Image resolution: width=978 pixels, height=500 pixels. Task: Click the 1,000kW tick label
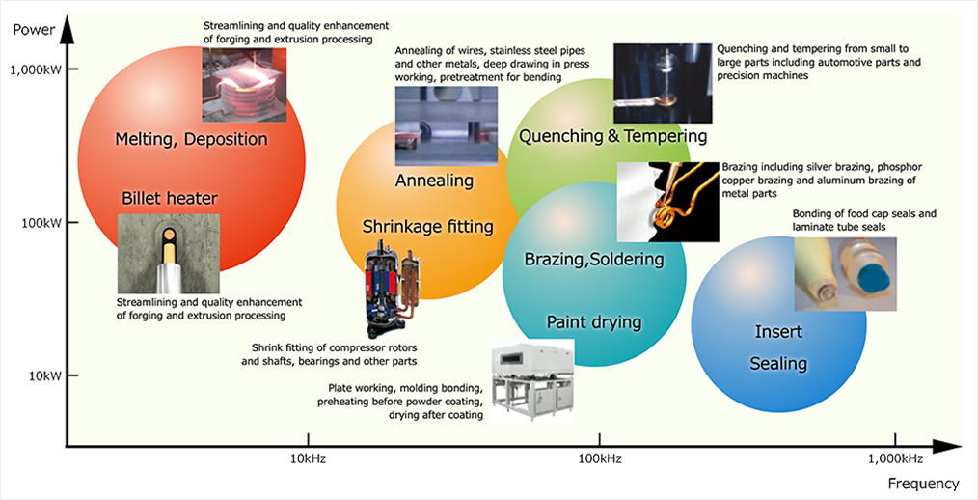click(x=36, y=69)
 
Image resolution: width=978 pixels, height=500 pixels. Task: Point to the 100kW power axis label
click(x=41, y=223)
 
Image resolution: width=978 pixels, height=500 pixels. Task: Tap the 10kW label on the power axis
click(x=44, y=375)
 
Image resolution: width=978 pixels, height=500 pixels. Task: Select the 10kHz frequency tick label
click(x=308, y=458)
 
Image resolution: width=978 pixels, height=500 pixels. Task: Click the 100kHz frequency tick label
click(x=599, y=458)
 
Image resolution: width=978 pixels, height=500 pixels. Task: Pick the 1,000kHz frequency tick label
click(x=896, y=458)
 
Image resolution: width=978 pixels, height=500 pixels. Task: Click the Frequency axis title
click(x=924, y=484)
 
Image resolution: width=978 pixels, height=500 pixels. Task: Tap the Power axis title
click(x=34, y=29)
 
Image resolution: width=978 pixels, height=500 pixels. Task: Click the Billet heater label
click(x=170, y=199)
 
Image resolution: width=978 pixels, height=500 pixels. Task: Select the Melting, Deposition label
click(x=192, y=139)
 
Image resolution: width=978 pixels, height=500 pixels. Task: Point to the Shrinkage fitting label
click(x=428, y=226)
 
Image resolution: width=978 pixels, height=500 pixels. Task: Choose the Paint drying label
click(x=594, y=322)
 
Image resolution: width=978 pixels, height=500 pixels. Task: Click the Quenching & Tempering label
click(x=613, y=135)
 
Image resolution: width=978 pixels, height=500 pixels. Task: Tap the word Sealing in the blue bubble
click(x=778, y=363)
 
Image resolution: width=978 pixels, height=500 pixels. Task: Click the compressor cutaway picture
click(x=391, y=288)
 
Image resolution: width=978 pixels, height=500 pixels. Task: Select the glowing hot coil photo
click(x=244, y=84)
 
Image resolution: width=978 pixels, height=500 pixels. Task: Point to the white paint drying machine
click(x=532, y=380)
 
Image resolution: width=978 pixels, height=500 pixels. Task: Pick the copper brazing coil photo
click(x=668, y=202)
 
